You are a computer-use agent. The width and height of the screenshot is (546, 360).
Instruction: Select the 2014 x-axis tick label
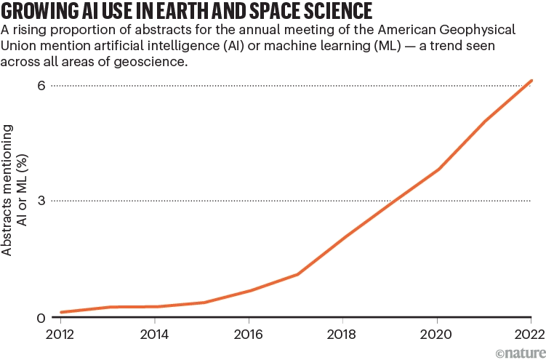[154, 335]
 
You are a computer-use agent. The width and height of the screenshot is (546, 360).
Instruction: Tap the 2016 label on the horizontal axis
[249, 335]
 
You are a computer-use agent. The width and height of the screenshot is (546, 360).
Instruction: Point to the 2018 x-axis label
[342, 335]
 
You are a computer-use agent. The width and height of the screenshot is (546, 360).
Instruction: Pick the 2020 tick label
[436, 335]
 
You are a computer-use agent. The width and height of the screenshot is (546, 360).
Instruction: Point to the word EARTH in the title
[180, 12]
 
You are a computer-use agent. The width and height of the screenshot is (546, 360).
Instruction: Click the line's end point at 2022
[533, 80]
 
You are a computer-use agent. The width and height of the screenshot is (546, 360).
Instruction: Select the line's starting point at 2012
[60, 312]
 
